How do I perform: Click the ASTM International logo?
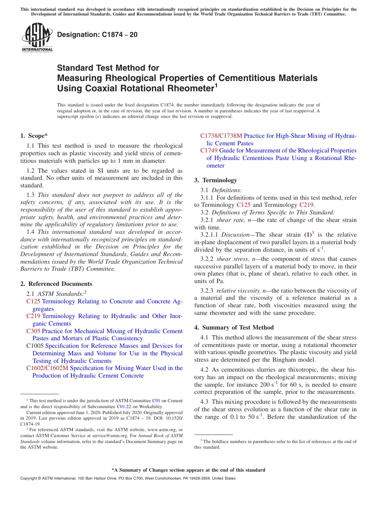37,38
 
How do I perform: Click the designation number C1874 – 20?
97,35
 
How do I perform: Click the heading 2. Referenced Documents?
56,284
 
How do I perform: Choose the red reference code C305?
33,331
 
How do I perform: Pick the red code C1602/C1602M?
47,368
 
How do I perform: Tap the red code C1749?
209,151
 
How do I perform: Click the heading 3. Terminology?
215,180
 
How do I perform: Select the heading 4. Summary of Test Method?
234,328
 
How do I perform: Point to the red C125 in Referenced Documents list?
33,302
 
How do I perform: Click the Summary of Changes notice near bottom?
188,470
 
